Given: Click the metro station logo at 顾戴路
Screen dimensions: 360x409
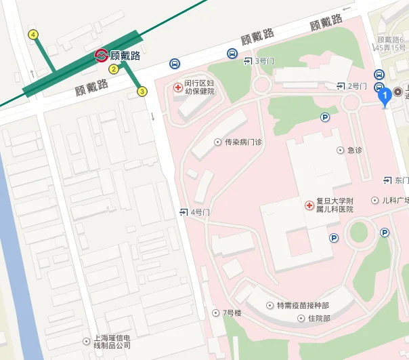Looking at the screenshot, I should tap(101, 55).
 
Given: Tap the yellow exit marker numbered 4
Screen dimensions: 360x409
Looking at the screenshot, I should tap(33, 35).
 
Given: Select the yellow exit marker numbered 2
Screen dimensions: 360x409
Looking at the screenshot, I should tap(114, 68).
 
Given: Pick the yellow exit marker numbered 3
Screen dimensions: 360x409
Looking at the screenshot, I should tap(142, 91).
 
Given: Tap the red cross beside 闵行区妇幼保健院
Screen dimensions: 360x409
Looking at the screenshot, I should tap(178, 87).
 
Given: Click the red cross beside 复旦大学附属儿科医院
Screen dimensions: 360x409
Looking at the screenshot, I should tap(309, 204).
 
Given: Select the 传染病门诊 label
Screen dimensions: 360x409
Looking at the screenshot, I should tap(242, 142).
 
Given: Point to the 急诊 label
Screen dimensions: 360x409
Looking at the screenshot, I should tap(354, 150).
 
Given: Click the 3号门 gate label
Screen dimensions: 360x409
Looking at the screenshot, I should tap(259, 61).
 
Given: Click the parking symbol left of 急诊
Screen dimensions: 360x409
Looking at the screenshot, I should tap(325, 117).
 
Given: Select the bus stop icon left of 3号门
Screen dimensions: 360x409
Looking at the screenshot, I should tap(232, 54).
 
